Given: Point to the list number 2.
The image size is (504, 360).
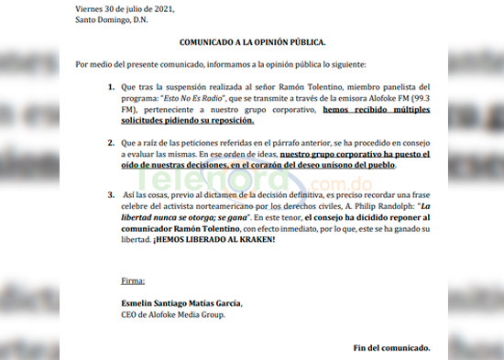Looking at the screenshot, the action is pyautogui.click(x=109, y=145).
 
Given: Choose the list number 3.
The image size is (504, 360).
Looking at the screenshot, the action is pyautogui.click(x=109, y=196).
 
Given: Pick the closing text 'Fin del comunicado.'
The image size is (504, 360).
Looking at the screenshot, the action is pyautogui.click(x=391, y=348).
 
